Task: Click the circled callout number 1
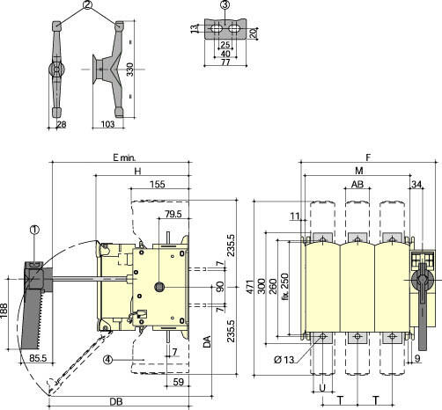(x=34, y=230)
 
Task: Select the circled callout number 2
(x=88, y=5)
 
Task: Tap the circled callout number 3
(x=225, y=5)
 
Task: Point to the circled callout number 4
(x=108, y=359)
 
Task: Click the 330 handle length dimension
(x=130, y=70)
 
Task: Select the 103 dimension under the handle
(x=107, y=124)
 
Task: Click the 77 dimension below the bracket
(x=225, y=62)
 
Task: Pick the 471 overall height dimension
(x=249, y=288)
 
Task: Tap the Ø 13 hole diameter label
(x=284, y=360)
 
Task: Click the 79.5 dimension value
(x=173, y=214)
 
